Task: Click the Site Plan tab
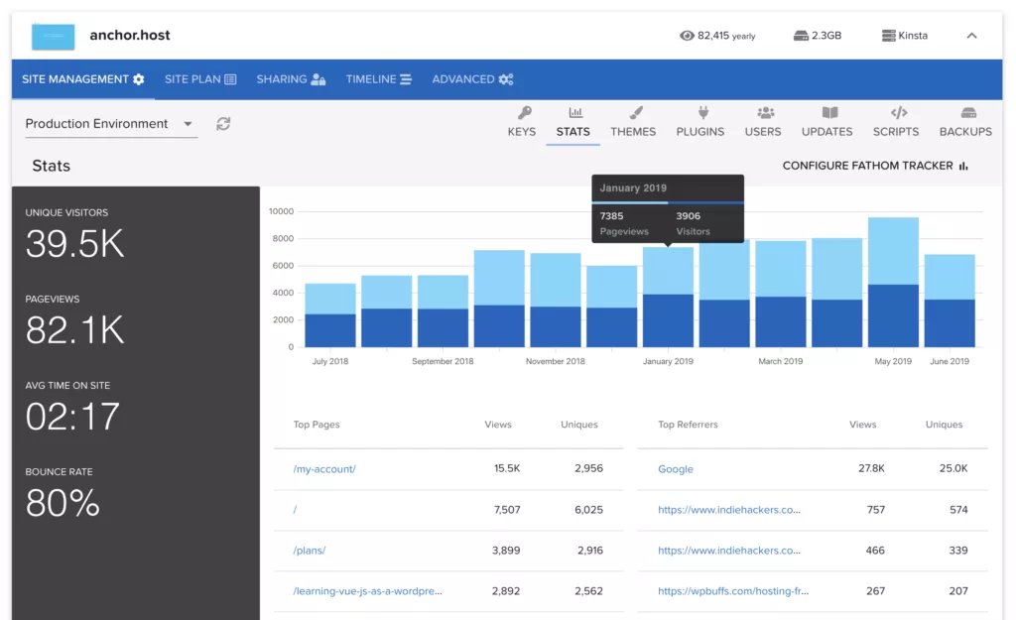pyautogui.click(x=200, y=79)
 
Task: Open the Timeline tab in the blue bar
pyautogui.click(x=378, y=79)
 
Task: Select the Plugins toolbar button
pyautogui.click(x=700, y=122)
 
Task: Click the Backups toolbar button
pyautogui.click(x=964, y=122)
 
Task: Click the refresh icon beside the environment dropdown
pyautogui.click(x=223, y=124)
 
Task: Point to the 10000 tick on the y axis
pyautogui.click(x=281, y=211)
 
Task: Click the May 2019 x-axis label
pyautogui.click(x=893, y=361)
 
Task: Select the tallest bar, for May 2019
pyautogui.click(x=893, y=283)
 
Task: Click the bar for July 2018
pyautogui.click(x=330, y=315)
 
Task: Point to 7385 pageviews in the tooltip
pyautogui.click(x=612, y=216)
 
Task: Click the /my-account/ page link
pyautogui.click(x=324, y=469)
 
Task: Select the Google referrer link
pyautogui.click(x=676, y=469)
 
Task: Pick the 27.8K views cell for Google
pyautogui.click(x=871, y=469)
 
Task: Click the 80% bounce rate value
pyautogui.click(x=63, y=503)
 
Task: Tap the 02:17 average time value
pyautogui.click(x=72, y=417)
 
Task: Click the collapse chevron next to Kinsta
pyautogui.click(x=971, y=36)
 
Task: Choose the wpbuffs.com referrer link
pyautogui.click(x=733, y=591)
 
